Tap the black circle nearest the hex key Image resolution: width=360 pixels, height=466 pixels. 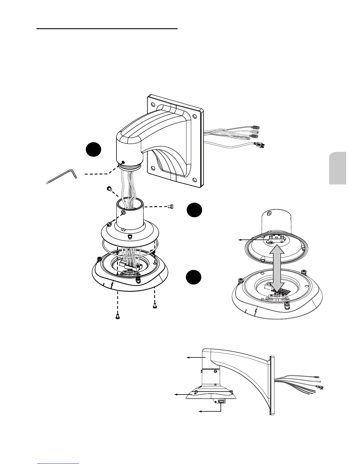coord(94,149)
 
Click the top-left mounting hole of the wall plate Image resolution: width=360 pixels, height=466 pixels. coord(153,104)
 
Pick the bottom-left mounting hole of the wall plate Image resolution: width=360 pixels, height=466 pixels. coord(153,169)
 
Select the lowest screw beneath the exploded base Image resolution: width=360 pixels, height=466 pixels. coord(117,317)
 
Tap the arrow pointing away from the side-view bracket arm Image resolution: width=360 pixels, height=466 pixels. coord(194,357)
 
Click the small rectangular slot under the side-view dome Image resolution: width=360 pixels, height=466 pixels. coord(221,402)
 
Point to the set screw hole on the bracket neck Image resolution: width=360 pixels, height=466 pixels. coord(124,162)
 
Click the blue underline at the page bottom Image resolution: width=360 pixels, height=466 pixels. coord(59,464)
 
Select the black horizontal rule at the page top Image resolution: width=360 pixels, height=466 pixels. coord(107,29)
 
